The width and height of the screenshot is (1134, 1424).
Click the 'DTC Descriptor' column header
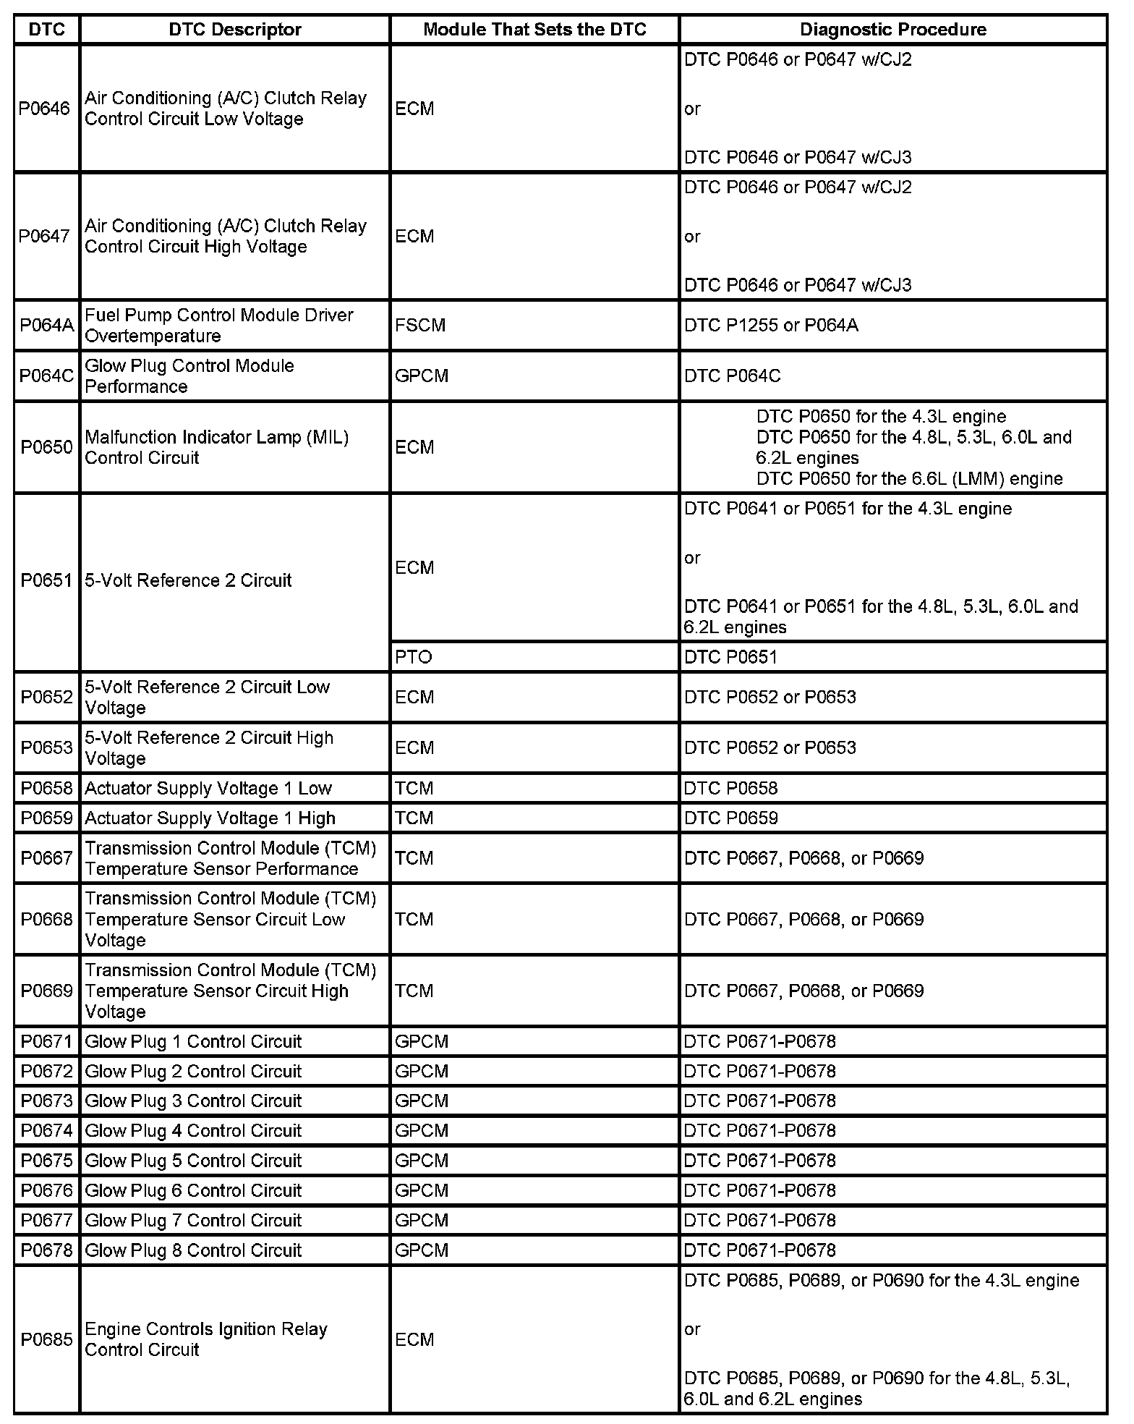(x=234, y=30)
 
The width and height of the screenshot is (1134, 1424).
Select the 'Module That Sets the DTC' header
(x=534, y=30)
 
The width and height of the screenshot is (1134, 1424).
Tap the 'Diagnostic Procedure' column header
(x=893, y=30)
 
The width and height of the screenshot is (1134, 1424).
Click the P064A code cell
(x=47, y=326)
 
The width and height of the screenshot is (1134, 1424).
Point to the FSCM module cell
(x=420, y=326)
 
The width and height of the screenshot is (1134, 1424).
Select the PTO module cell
(x=414, y=657)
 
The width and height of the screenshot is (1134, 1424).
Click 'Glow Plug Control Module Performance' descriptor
(x=189, y=376)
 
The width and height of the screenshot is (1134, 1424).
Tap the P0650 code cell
(x=47, y=447)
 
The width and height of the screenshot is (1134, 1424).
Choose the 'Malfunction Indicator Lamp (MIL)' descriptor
(x=217, y=447)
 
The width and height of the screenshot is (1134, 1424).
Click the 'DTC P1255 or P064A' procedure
(x=771, y=326)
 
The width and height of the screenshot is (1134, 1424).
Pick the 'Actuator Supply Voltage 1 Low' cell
(x=208, y=788)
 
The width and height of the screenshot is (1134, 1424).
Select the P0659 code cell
(x=47, y=818)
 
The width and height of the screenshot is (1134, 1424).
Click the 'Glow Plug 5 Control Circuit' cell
(x=193, y=1161)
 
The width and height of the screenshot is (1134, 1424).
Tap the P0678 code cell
(x=47, y=1250)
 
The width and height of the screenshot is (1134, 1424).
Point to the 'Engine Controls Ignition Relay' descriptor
(x=206, y=1339)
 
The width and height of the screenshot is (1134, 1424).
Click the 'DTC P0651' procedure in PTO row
(x=730, y=657)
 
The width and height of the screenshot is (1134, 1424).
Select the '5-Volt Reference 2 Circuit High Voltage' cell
(x=209, y=747)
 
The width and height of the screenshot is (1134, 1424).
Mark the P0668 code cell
(x=47, y=919)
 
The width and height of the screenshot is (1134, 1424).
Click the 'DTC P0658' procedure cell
(x=730, y=788)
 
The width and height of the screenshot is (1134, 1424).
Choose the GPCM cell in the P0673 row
(x=422, y=1101)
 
